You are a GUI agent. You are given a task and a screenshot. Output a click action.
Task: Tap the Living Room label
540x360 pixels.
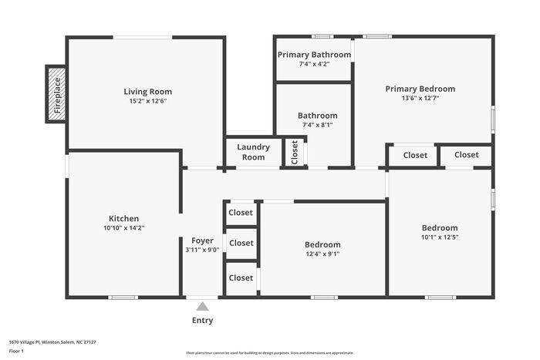coord(147,92)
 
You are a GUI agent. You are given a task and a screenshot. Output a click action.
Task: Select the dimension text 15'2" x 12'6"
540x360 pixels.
coord(147,101)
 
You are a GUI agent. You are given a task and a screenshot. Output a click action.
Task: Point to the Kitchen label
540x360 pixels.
coord(123,218)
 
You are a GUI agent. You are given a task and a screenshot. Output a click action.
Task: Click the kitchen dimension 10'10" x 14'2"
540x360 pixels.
coord(123,227)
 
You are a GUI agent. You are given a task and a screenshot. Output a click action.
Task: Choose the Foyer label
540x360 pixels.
coord(202,241)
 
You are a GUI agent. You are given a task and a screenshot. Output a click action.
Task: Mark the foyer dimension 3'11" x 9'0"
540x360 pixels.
coord(202,250)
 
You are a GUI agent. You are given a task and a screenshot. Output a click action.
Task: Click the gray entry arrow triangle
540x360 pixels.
coord(202,306)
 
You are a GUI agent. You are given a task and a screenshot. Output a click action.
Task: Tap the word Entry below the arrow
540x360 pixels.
coord(202,321)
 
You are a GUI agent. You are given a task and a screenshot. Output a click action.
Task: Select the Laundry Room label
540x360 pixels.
coord(252,152)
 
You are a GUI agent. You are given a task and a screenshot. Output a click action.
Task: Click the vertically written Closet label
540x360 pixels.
coord(294,152)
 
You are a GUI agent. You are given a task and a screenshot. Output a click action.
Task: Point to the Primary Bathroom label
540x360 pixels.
coord(314,55)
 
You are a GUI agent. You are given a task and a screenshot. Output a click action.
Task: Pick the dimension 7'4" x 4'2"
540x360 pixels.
coord(314,64)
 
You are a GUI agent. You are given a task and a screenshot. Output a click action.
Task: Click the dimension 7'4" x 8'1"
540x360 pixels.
coord(317,125)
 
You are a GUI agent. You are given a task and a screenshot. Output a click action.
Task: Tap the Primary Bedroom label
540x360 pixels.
coord(420,89)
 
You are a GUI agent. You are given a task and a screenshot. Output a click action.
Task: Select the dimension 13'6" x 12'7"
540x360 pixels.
coord(420,98)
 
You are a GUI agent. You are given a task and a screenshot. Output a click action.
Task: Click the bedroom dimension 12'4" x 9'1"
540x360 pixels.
coord(322,254)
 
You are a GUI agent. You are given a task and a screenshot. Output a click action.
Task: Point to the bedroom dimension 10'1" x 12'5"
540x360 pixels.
coord(439,237)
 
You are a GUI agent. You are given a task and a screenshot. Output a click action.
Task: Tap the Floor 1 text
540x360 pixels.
coord(17,352)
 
